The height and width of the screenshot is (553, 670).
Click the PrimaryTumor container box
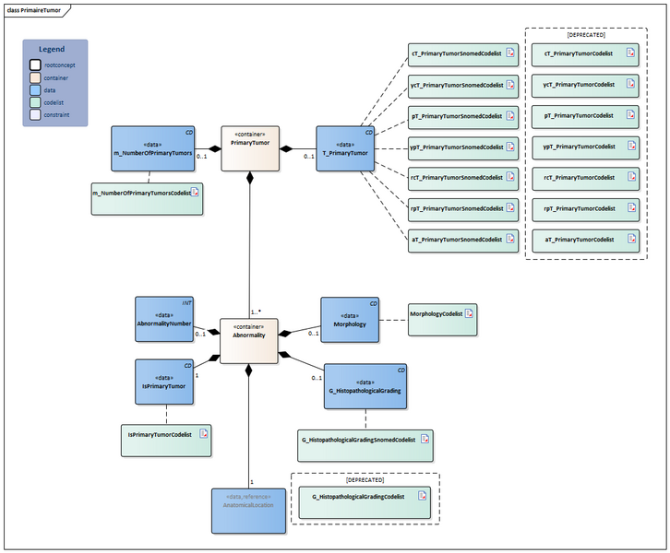(x=249, y=148)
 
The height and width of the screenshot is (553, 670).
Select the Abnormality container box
(x=249, y=340)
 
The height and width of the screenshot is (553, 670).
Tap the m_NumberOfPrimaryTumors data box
(x=154, y=148)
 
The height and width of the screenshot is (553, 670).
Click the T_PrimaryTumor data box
(x=346, y=148)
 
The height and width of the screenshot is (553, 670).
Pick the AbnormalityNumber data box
(x=164, y=318)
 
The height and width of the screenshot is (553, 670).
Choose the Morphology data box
(x=350, y=319)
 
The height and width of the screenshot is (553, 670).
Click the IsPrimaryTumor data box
(x=164, y=382)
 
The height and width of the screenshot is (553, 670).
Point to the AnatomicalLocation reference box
(x=248, y=510)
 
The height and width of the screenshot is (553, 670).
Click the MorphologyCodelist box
(x=442, y=318)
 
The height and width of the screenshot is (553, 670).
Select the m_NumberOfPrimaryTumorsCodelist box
(x=146, y=198)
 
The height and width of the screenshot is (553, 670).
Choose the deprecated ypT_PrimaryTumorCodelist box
(x=585, y=147)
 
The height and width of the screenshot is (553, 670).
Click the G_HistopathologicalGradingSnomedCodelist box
(x=365, y=443)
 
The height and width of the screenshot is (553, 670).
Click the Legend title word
(x=52, y=49)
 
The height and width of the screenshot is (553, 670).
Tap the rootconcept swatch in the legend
(x=35, y=65)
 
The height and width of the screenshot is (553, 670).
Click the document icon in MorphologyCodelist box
(x=468, y=313)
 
